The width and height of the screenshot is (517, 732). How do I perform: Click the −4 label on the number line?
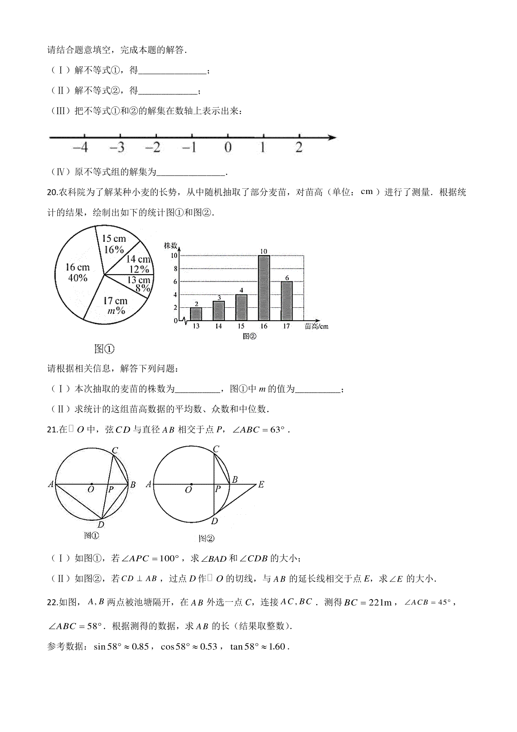click(x=81, y=148)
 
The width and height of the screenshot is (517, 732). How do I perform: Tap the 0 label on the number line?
click(x=228, y=148)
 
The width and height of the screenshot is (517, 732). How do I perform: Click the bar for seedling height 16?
click(x=264, y=288)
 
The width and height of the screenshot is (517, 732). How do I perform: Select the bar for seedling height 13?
click(x=196, y=314)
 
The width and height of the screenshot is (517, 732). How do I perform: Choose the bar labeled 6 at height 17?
click(x=287, y=301)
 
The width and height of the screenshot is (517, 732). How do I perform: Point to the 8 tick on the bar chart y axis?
click(x=175, y=269)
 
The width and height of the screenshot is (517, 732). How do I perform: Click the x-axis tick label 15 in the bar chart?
click(x=241, y=326)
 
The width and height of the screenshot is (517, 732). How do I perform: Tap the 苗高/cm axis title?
click(x=316, y=326)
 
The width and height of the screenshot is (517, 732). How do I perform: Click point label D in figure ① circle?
click(x=101, y=525)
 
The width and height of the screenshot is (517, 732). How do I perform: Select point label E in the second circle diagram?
click(x=261, y=485)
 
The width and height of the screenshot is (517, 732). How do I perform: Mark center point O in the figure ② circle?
click(x=191, y=484)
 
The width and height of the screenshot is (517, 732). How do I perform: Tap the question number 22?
click(x=52, y=603)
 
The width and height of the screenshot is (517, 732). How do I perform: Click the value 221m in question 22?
click(x=380, y=603)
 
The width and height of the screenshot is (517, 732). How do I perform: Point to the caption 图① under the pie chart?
click(x=104, y=349)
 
